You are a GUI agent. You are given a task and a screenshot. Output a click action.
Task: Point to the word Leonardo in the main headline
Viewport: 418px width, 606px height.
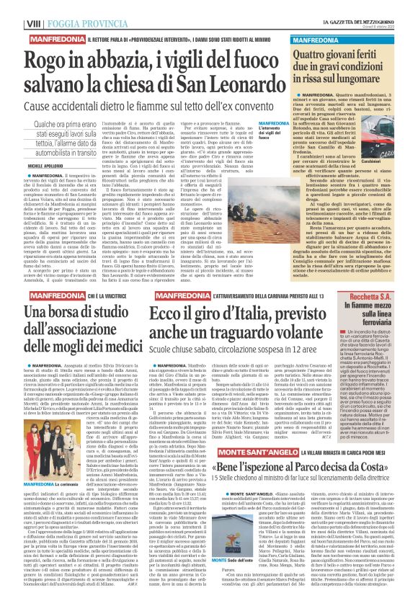pyautogui.click(x=243, y=76)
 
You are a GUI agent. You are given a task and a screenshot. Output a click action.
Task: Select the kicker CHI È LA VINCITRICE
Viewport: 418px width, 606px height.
pyautogui.click(x=98, y=296)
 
